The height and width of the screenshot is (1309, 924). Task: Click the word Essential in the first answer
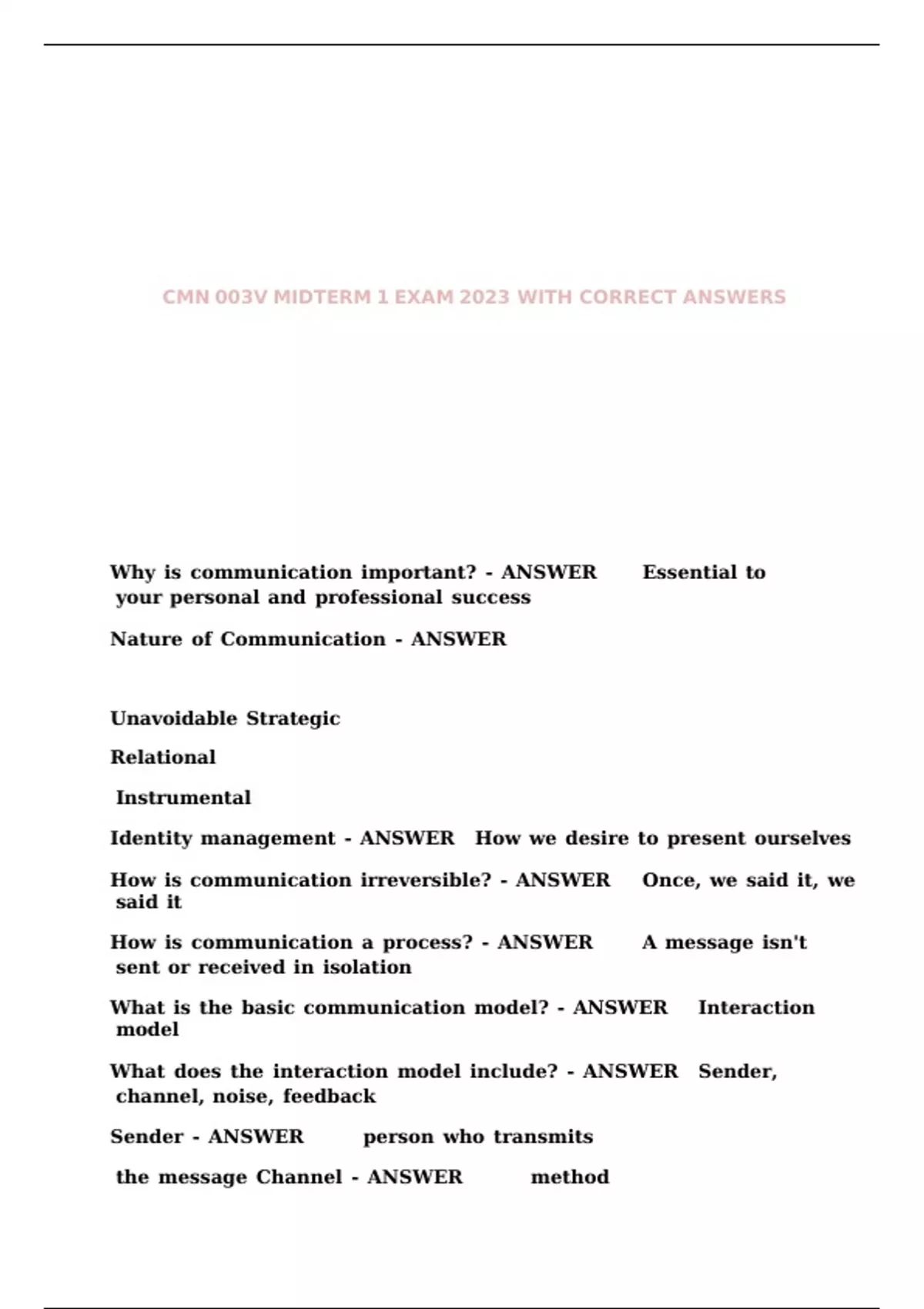click(x=689, y=573)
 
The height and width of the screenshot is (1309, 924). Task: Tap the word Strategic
click(x=293, y=718)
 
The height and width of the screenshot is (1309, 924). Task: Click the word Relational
click(x=162, y=758)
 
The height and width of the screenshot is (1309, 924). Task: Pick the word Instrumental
click(x=183, y=798)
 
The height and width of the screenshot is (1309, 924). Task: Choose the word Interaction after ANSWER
click(x=756, y=1008)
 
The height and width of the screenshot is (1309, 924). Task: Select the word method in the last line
click(x=570, y=1177)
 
